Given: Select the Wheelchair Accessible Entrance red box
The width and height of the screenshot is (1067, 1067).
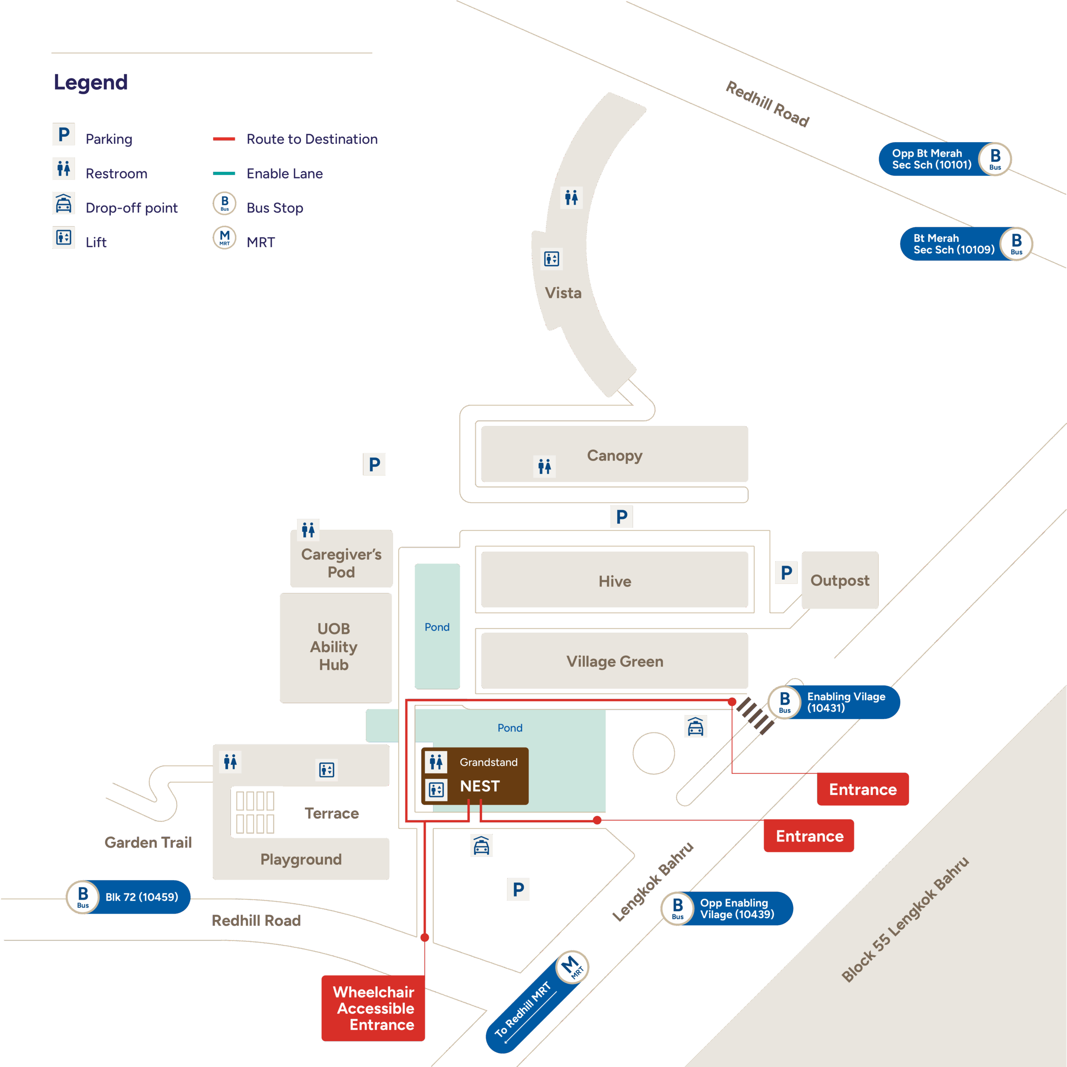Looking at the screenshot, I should tap(373, 1008).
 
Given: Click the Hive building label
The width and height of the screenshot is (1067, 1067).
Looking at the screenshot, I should tap(615, 581).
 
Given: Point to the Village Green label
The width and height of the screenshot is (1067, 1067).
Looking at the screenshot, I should tap(615, 661).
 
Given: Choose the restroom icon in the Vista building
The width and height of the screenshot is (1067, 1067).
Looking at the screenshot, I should tap(571, 197).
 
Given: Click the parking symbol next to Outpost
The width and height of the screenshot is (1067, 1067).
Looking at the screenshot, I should tap(786, 573).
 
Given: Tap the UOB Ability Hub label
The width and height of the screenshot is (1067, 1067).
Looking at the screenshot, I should tap(333, 647).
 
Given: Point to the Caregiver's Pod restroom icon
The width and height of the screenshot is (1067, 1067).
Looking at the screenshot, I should tap(308, 530).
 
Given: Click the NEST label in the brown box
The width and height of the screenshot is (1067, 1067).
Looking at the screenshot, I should tap(480, 786).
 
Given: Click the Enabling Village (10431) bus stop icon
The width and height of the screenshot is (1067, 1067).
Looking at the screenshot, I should tap(785, 702).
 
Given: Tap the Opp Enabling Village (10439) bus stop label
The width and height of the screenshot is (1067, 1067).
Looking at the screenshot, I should tap(737, 909).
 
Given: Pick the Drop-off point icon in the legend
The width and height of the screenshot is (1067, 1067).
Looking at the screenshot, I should tap(63, 204).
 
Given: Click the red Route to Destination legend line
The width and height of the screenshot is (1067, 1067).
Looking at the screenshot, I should tap(224, 139).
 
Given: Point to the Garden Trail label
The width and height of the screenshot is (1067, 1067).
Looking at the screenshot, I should tap(148, 842).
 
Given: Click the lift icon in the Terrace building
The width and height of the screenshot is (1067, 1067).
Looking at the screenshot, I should tap(326, 769).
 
